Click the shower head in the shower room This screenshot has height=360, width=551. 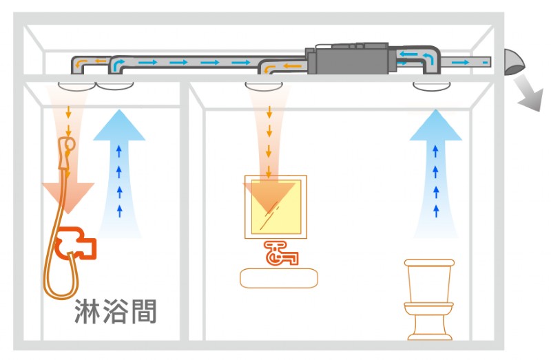67,146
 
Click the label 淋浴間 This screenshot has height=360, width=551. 116,311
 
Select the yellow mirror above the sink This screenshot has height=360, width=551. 275,207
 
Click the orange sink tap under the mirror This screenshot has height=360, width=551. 279,253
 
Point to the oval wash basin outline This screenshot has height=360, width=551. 279,277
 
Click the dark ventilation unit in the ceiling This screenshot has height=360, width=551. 352,59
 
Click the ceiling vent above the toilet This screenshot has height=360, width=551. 431,87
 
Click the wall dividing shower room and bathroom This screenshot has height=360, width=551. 185,207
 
